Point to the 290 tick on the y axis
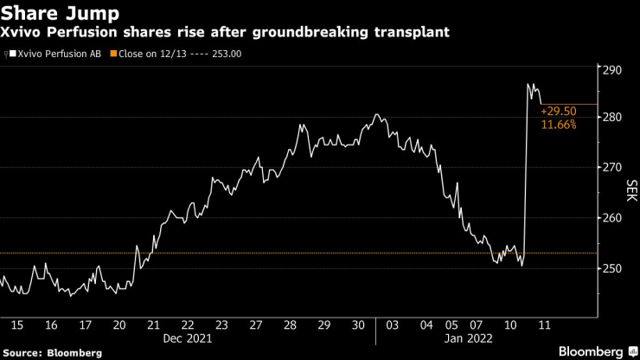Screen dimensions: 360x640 tap(613, 69)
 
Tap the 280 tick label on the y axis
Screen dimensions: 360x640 tap(613, 117)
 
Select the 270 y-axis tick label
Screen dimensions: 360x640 tap(613, 167)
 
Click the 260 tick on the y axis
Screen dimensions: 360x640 tap(613, 218)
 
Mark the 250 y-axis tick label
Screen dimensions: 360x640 tap(613, 268)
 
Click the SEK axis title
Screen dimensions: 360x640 tap(630, 191)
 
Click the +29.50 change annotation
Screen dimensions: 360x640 tap(558, 112)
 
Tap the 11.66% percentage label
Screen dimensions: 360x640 tap(558, 125)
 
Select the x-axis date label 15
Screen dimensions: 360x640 tap(17, 325)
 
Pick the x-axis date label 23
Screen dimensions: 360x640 tap(221, 325)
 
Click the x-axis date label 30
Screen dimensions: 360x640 tap(356, 325)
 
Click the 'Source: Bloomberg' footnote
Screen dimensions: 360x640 tap(52, 352)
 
